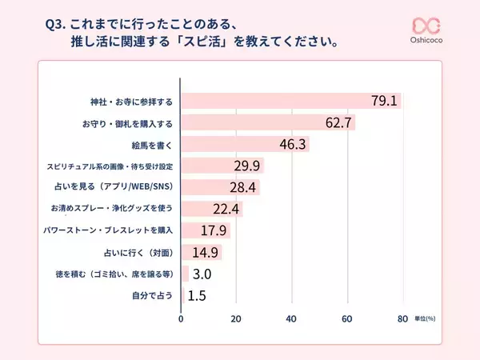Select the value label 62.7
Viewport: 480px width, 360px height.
click(338, 123)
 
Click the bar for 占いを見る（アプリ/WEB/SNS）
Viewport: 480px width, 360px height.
click(220, 187)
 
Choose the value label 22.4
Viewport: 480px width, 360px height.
click(227, 209)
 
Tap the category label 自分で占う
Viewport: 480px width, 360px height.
click(152, 295)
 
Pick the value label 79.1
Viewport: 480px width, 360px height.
click(384, 102)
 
